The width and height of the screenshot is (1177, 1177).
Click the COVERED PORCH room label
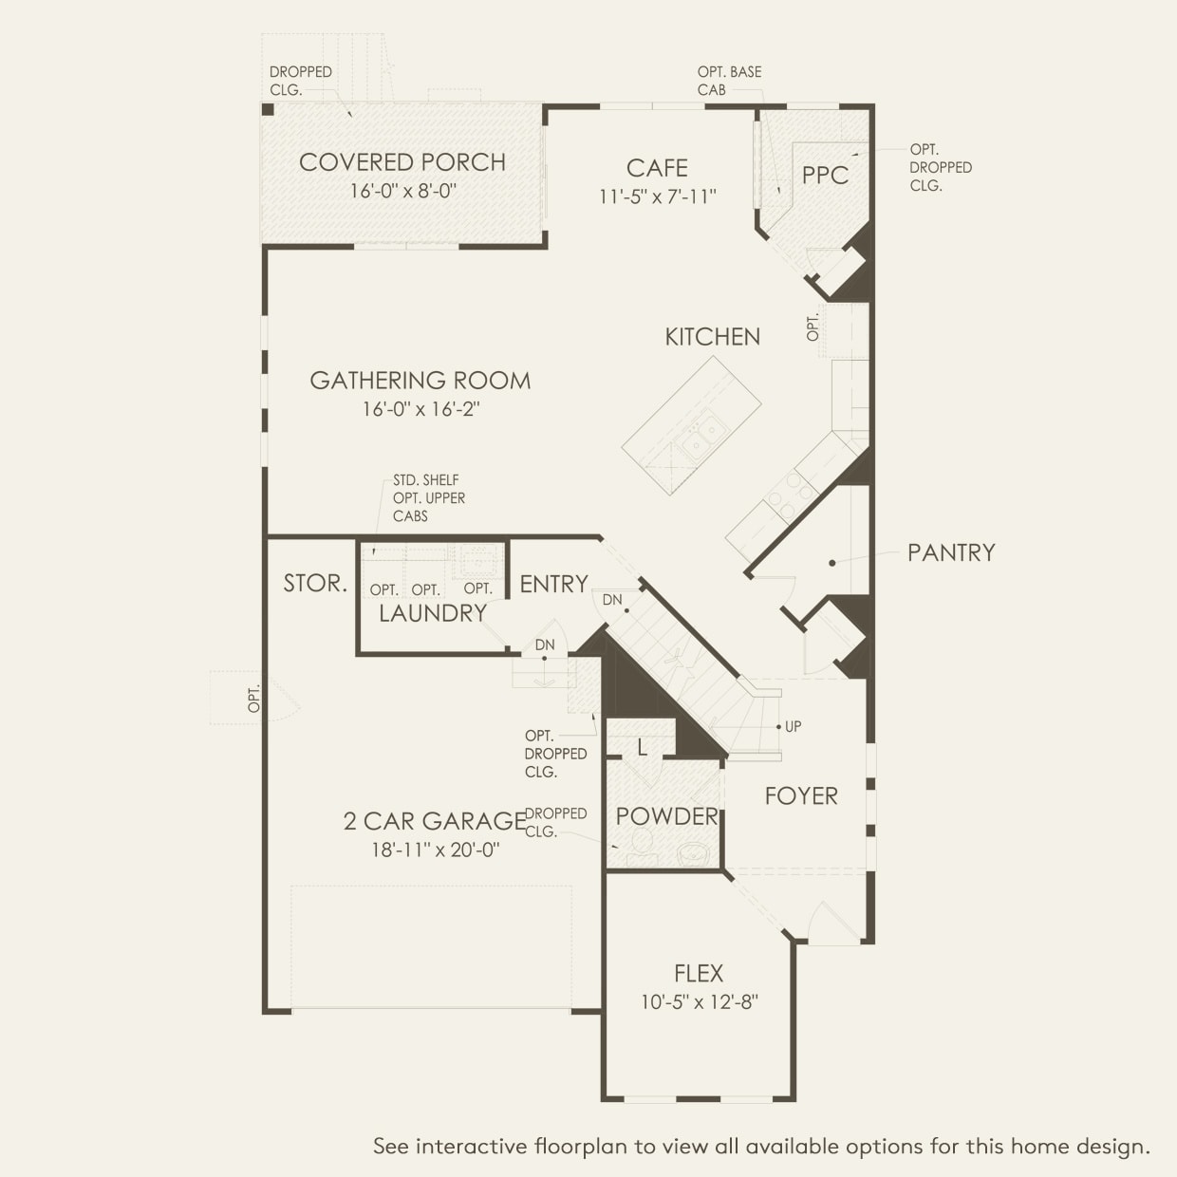[402, 162]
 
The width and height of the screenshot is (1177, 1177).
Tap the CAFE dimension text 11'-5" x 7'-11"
[657, 196]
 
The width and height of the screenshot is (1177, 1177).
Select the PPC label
[825, 176]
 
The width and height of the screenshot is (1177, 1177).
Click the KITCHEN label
[712, 337]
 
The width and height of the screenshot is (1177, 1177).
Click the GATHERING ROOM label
[420, 381]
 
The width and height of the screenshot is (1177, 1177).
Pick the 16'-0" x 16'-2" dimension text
[420, 408]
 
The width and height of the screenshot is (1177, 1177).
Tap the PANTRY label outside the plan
[951, 552]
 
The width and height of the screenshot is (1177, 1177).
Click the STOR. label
[315, 584]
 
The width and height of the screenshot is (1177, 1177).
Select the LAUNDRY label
[433, 613]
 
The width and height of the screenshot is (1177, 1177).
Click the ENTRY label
[554, 585]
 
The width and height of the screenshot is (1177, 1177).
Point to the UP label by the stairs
[793, 726]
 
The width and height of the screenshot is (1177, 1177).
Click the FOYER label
[801, 795]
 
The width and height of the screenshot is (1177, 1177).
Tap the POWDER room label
[667, 816]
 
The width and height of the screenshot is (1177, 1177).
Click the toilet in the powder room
[642, 847]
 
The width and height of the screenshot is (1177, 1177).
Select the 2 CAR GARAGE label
[435, 821]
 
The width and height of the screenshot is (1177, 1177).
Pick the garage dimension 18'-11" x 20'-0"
[436, 850]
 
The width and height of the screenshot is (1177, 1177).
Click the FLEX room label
[699, 973]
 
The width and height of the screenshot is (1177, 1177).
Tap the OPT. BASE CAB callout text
[729, 81]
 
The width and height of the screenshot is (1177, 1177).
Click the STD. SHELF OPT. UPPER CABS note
[429, 497]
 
